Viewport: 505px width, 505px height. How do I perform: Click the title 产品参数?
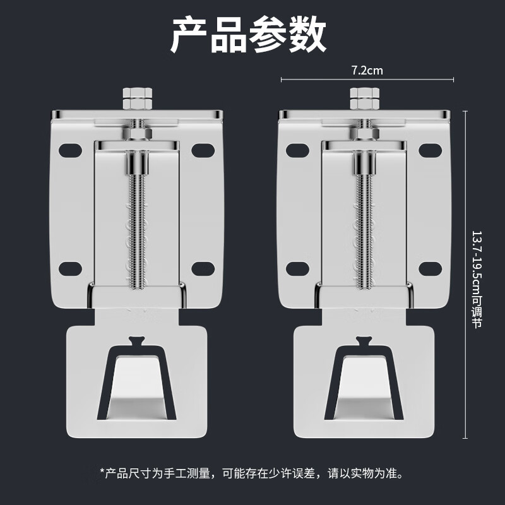pyautogui.click(x=248, y=35)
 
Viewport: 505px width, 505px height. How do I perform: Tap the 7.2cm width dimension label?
pyautogui.click(x=367, y=71)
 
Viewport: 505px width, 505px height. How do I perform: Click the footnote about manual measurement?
pyautogui.click(x=251, y=472)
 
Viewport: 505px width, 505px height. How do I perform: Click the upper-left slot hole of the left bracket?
pyautogui.click(x=71, y=150)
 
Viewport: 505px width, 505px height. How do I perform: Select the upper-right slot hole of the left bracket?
pyautogui.click(x=203, y=150)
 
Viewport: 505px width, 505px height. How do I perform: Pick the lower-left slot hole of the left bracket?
pyautogui.click(x=71, y=270)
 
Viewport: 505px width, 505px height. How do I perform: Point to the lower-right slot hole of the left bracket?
pyautogui.click(x=203, y=270)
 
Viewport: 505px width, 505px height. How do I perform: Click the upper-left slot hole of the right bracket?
pyautogui.click(x=298, y=150)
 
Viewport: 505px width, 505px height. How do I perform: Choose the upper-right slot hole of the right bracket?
pyautogui.click(x=430, y=150)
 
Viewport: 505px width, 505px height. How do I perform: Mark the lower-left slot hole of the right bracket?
pyautogui.click(x=298, y=270)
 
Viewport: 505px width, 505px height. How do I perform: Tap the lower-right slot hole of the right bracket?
pyautogui.click(x=430, y=270)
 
